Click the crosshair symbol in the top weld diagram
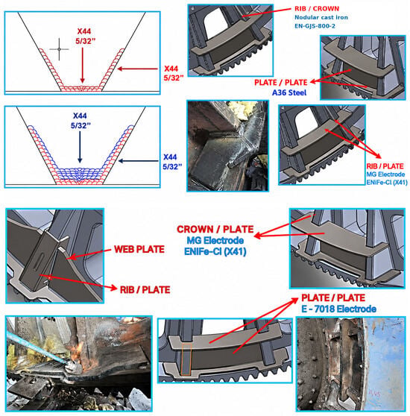click(59, 49)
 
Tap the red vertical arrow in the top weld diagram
click(83, 66)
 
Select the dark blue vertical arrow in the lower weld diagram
click(80, 147)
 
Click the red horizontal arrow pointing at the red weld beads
click(138, 69)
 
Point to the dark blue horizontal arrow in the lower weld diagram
click(138, 161)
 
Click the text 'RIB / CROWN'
click(317, 8)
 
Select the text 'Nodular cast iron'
click(321, 17)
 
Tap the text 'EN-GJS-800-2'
click(315, 26)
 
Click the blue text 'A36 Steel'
click(289, 92)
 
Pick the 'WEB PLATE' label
click(139, 249)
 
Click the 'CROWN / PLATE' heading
click(215, 229)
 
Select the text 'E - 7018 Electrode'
click(338, 309)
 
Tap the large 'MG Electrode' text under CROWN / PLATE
click(215, 240)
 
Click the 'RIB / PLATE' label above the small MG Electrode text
click(385, 166)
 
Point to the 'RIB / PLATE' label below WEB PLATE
click(145, 290)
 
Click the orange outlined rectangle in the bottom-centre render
click(186, 359)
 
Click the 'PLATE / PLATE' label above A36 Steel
click(280, 83)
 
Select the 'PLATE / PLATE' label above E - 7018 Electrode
click(333, 297)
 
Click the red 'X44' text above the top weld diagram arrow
click(84, 31)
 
